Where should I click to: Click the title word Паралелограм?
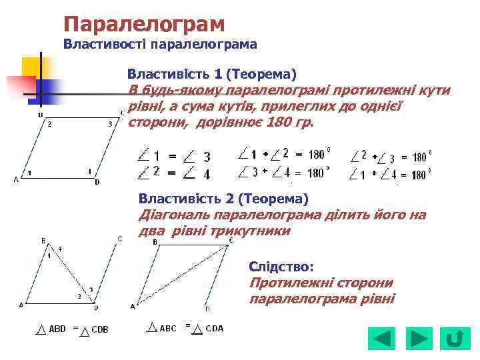pos(144,25)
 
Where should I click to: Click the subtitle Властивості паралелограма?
pos(160,45)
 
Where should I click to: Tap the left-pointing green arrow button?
pos(383,339)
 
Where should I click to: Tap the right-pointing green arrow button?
pos(419,339)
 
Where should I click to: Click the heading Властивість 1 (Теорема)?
pos(212,73)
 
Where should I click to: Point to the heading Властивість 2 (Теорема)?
pos(223,199)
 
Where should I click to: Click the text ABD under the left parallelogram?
pos(57,329)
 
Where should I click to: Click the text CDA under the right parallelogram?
pos(215,328)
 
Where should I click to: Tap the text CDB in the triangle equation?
pos(100,329)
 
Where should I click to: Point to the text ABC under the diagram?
pos(168,328)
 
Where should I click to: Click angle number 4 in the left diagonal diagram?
pos(59,249)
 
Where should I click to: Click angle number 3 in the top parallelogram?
pos(109,124)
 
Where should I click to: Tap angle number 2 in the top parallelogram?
pos(49,124)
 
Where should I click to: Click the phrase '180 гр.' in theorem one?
pos(289,123)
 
